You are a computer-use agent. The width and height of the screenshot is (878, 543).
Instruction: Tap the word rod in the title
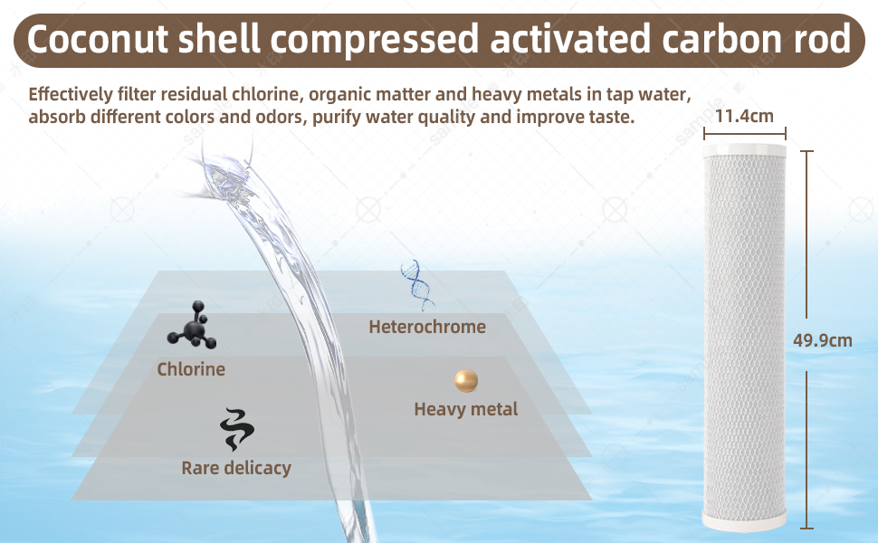click(x=817, y=40)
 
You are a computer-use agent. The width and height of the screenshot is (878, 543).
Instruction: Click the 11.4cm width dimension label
click(x=744, y=116)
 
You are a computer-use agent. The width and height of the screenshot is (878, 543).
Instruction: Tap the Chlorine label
click(x=191, y=369)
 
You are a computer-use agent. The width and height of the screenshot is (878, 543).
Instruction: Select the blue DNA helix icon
click(x=416, y=282)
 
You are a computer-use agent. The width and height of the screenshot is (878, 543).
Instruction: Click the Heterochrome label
click(x=427, y=327)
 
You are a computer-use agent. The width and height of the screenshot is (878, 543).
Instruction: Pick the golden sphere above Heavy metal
click(x=466, y=380)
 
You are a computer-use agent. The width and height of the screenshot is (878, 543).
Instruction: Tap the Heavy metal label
click(x=465, y=410)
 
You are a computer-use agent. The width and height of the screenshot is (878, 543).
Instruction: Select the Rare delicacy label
click(x=236, y=468)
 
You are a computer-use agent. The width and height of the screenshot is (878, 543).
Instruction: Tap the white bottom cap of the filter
click(x=747, y=520)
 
